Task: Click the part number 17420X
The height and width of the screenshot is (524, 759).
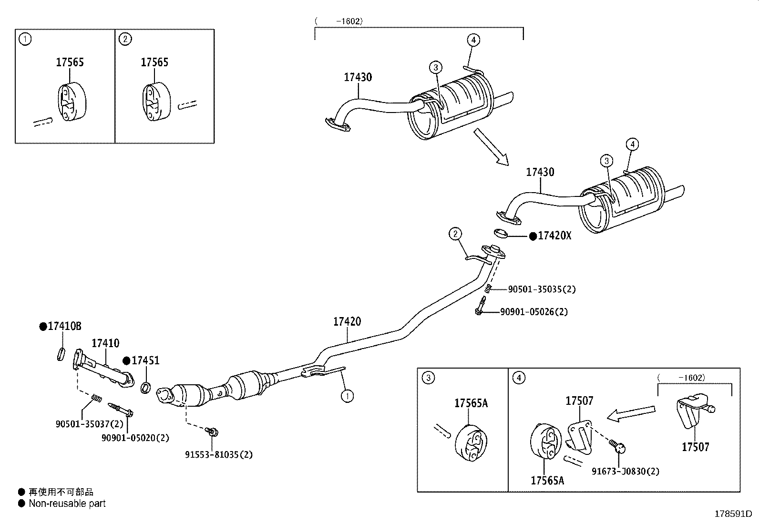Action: [x=554, y=236]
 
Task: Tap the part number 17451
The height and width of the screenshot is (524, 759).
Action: [x=145, y=361]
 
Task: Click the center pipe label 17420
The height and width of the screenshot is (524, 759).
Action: [x=347, y=322]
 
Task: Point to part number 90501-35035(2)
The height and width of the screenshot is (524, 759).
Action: [x=542, y=289]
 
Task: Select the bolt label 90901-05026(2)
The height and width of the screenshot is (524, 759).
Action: [x=534, y=312]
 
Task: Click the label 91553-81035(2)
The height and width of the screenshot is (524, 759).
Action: [x=219, y=455]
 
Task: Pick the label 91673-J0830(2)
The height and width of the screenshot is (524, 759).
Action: [x=626, y=471]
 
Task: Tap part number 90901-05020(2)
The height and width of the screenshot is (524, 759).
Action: [x=135, y=438]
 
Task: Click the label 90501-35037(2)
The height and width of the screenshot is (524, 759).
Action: [x=89, y=424]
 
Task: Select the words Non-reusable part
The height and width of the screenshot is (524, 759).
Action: [x=67, y=503]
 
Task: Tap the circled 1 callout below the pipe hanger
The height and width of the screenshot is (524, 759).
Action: [x=347, y=395]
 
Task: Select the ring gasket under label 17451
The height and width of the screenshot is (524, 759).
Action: [x=146, y=387]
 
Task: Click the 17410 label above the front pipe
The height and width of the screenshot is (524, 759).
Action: [x=105, y=343]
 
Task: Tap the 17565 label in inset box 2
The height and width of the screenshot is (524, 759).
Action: [x=154, y=62]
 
